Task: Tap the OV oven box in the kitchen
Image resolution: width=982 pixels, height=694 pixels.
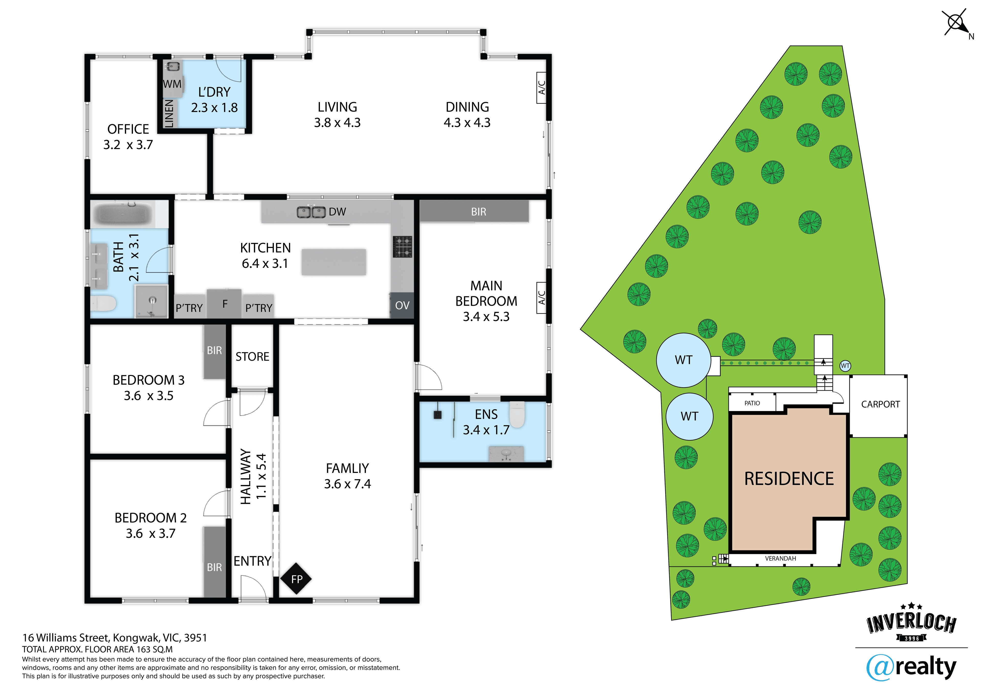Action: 402,305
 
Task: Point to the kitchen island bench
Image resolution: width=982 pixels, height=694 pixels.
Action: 334,262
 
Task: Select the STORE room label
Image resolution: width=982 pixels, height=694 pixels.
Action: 252,357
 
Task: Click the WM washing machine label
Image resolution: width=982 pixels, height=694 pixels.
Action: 172,84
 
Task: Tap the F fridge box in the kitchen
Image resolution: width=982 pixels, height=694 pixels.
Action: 225,304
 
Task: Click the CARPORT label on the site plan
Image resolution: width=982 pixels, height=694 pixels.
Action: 880,404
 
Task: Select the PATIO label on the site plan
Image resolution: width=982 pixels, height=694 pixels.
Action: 752,403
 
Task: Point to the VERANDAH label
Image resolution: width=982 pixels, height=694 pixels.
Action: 780,559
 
